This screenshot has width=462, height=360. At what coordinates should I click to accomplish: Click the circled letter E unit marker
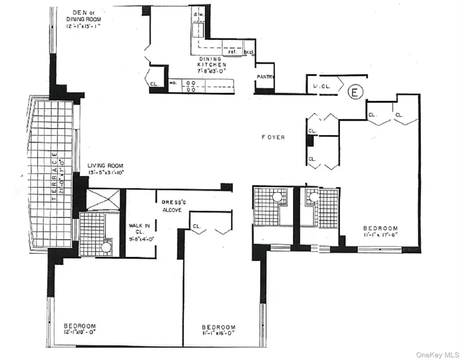click(x=354, y=92)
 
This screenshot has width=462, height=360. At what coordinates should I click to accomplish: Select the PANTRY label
click(x=266, y=77)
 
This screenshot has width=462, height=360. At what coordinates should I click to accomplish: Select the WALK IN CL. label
click(x=139, y=232)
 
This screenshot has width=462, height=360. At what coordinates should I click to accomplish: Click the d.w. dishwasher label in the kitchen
click(x=199, y=14)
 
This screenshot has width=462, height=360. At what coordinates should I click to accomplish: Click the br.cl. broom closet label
click(x=249, y=52)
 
